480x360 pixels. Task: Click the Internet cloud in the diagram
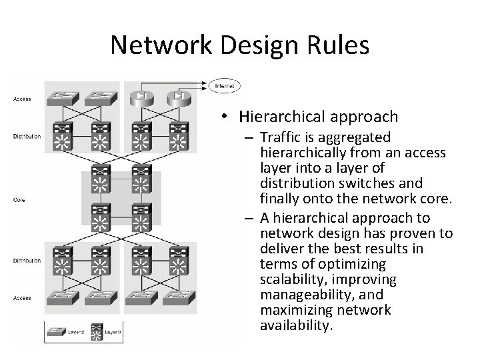click(225, 85)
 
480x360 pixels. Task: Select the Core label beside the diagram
click(19, 199)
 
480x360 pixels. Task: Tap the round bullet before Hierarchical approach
click(227, 118)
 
